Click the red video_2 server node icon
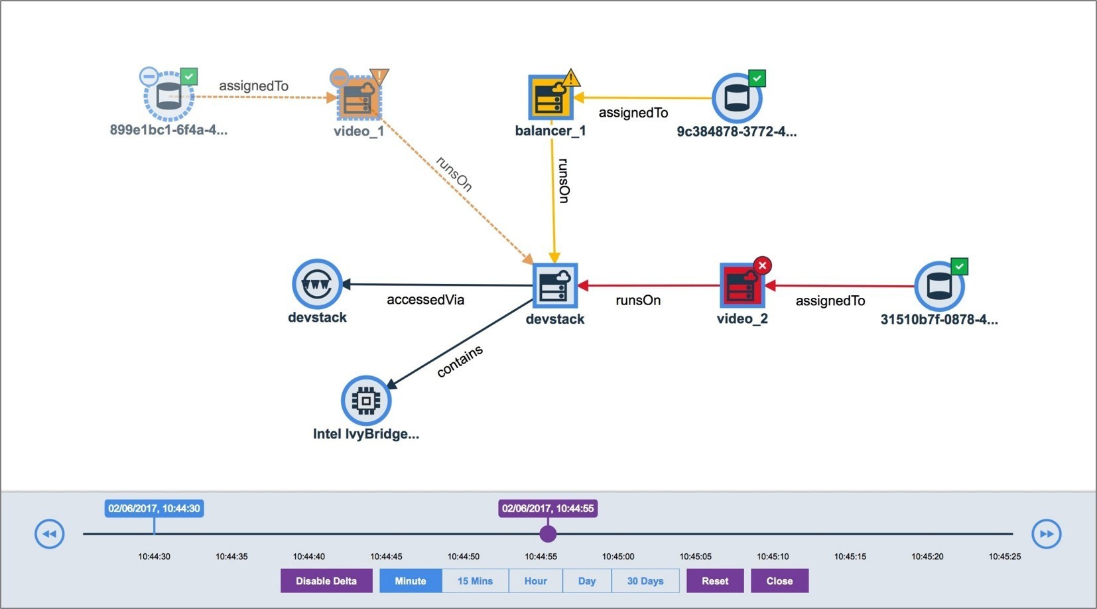click(742, 286)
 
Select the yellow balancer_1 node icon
click(550, 98)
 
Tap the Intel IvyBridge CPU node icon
click(366, 400)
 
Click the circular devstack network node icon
click(317, 284)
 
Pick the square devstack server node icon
click(554, 286)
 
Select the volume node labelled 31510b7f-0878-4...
click(938, 286)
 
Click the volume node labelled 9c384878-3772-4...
click(736, 98)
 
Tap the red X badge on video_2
click(762, 265)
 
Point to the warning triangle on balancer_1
click(570, 79)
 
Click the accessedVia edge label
click(425, 300)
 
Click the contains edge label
click(460, 361)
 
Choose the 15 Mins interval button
click(475, 581)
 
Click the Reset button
click(714, 581)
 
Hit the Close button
click(779, 581)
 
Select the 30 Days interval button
click(645, 581)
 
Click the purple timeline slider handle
click(547, 533)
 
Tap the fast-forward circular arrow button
click(1046, 533)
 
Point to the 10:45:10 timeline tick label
click(773, 557)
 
